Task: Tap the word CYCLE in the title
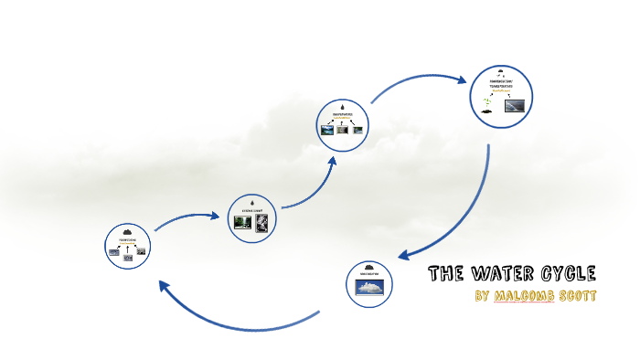(x=571, y=273)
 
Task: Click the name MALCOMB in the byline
(x=523, y=297)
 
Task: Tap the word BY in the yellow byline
(x=483, y=297)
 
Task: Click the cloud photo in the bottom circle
(x=370, y=287)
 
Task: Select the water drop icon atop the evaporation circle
(x=343, y=105)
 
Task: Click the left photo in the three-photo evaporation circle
(x=327, y=130)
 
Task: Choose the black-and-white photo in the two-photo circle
(x=262, y=224)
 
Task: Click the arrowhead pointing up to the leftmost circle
(x=165, y=286)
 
